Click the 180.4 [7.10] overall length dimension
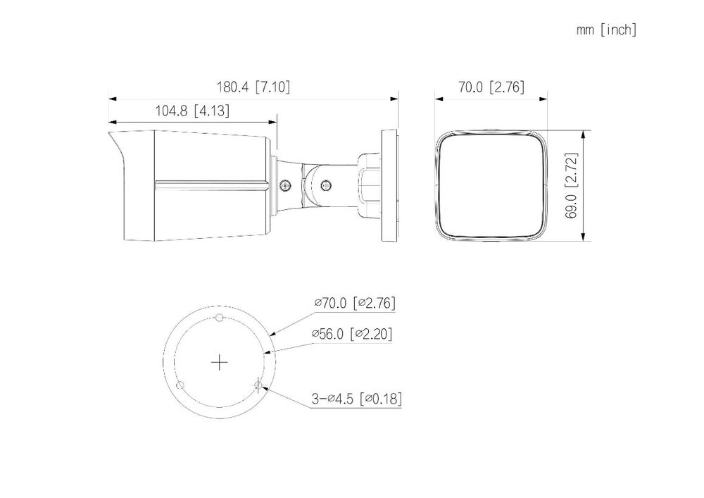(253, 87)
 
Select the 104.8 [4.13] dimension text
(192, 111)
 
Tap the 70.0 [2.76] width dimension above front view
(491, 87)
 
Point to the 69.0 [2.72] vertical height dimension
(571, 185)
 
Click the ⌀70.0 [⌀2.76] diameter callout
(355, 303)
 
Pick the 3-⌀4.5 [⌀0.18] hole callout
(356, 398)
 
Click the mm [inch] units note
(607, 30)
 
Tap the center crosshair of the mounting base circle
(219, 362)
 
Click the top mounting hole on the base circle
(219, 318)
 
